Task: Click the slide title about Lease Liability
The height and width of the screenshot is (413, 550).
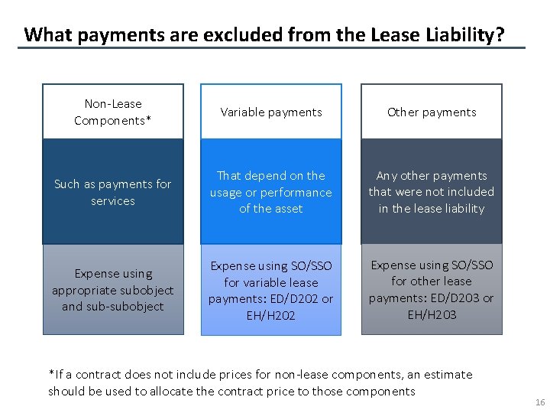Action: (x=264, y=34)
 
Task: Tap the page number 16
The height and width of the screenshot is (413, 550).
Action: (x=540, y=402)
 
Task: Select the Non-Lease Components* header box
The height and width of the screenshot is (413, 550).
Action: (x=113, y=112)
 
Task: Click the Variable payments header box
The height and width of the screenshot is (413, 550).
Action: (x=271, y=112)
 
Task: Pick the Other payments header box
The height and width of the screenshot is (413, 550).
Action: (x=432, y=112)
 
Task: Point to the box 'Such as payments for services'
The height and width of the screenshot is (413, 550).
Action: (x=113, y=192)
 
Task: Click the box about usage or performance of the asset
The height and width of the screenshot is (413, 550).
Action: (x=271, y=192)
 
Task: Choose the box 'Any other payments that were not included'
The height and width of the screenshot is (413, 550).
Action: (x=432, y=192)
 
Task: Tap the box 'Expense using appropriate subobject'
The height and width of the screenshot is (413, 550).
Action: (x=113, y=290)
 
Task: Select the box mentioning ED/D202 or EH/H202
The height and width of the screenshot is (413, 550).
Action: (x=271, y=290)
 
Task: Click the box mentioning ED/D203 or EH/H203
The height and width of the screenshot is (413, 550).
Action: (x=432, y=290)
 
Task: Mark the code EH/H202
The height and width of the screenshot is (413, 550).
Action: (x=271, y=315)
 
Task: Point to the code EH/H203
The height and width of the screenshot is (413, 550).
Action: (x=432, y=314)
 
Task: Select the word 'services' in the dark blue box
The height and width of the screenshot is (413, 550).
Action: (x=113, y=201)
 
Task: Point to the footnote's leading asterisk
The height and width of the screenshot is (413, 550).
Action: (x=51, y=373)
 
